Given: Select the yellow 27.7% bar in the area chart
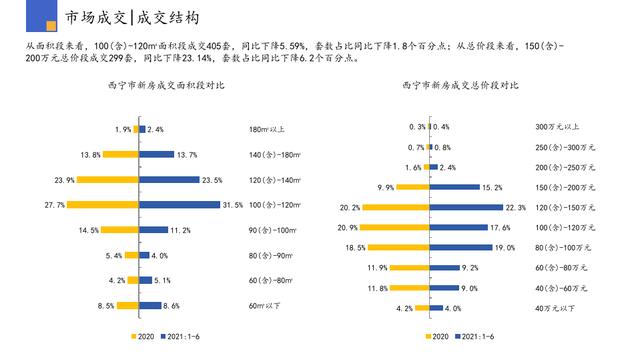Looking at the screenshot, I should [x=103, y=205].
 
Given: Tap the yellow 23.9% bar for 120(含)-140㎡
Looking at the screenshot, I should [x=108, y=180].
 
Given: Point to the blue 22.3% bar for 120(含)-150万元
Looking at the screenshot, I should [x=466, y=207].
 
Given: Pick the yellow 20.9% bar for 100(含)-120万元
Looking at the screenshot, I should [x=395, y=227].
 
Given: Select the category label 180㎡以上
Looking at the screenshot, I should [x=267, y=129].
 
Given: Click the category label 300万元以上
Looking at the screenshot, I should [x=556, y=127].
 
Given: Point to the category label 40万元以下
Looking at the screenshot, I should [x=556, y=308].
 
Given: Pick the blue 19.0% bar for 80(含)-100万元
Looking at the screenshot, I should [x=460, y=247].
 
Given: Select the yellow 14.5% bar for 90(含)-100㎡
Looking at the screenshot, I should [x=121, y=230].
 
